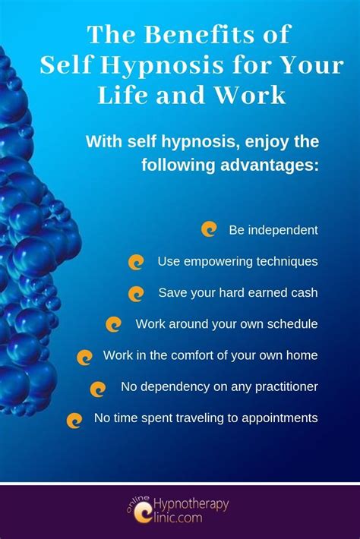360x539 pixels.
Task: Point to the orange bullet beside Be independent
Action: pos(209,229)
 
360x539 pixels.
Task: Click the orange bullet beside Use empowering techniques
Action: pos(136,262)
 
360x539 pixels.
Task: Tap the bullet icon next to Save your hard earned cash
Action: pos(136,294)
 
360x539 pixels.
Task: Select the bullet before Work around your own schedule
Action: pos(113,324)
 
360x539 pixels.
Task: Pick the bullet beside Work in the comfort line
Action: pos(84,358)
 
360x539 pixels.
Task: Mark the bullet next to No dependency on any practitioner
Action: pos(98,389)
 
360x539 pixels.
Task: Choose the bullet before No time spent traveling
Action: pos(74,421)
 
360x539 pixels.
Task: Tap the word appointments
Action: pos(279,418)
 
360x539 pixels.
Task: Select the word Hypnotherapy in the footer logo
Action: pos(191,505)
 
